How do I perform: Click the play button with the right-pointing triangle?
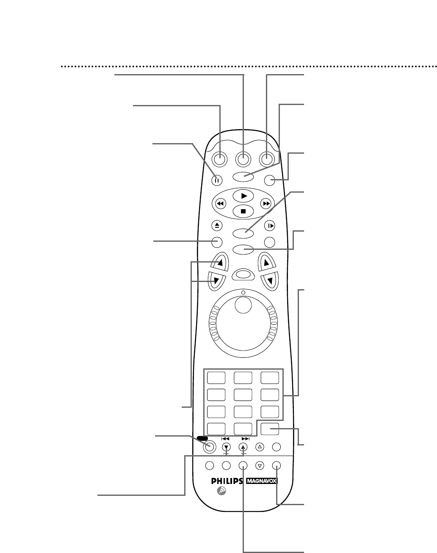point(243,196)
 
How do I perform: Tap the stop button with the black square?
point(243,211)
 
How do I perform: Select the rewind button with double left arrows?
point(221,204)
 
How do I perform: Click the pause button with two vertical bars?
point(217,180)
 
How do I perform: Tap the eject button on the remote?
point(217,226)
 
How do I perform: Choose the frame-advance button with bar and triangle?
point(270,226)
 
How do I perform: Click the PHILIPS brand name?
point(227,481)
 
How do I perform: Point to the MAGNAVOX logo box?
point(262,481)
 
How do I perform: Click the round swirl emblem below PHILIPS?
point(221,491)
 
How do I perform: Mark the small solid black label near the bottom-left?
point(202,438)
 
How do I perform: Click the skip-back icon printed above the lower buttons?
point(225,439)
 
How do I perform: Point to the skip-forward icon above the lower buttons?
point(246,439)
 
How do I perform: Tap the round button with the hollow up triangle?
point(260,447)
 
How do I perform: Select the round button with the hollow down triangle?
point(260,465)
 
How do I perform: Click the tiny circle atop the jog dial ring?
point(243,293)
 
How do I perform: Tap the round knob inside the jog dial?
point(243,305)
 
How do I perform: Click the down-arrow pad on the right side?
point(270,281)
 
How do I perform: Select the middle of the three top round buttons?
point(243,159)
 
